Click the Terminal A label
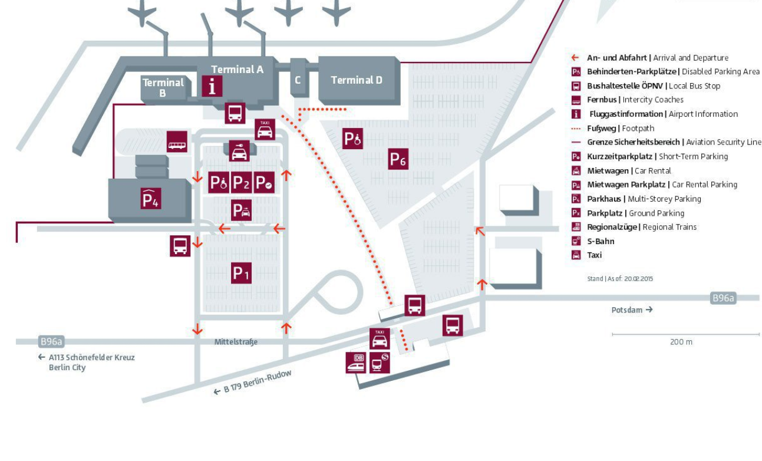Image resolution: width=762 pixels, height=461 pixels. coord(237,70)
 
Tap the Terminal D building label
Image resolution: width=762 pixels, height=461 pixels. coord(357,80)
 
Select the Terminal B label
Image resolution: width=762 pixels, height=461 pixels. coord(163,87)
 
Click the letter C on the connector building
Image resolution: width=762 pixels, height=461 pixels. coord(298,80)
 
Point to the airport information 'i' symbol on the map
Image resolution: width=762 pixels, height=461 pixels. coord(212,86)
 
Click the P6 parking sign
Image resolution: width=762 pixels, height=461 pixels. coord(398,159)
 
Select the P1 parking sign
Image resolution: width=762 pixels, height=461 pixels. coord(242,273)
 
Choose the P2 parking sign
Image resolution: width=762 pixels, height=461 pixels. coord(241,183)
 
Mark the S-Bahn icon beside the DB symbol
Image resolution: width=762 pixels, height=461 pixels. coord(380,362)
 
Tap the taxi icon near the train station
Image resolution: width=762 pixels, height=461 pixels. coord(380,338)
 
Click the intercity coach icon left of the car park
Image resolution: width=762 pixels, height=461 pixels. coord(177,142)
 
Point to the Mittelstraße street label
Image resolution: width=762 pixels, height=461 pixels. coord(236,342)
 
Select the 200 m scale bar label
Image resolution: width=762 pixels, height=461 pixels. coord(681,342)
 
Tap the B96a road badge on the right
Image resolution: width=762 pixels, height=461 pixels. coord(724,298)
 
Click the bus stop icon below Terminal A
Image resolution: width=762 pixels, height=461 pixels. coord(235,112)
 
